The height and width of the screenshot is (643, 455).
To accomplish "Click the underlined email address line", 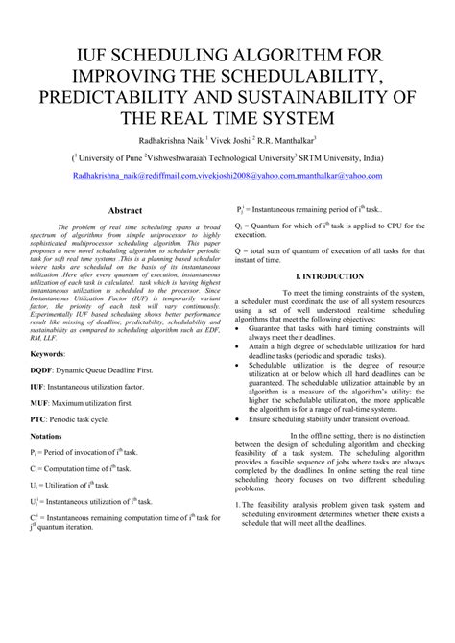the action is (227, 176).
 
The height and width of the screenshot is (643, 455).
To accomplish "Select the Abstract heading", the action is (126, 210).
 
